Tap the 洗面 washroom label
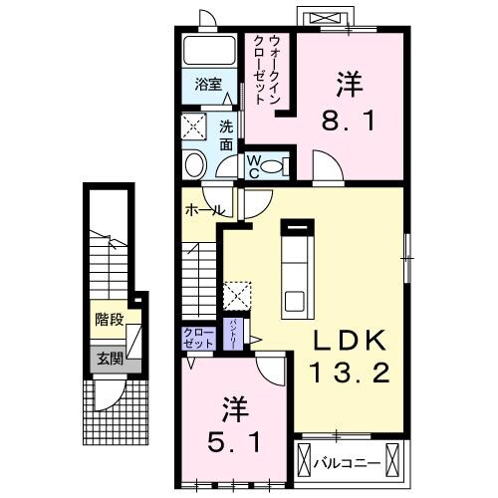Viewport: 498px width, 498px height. (226, 134)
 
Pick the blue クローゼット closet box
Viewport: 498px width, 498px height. (199, 337)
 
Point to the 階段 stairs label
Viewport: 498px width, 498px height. (111, 320)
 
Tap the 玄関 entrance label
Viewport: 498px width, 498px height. (111, 358)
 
